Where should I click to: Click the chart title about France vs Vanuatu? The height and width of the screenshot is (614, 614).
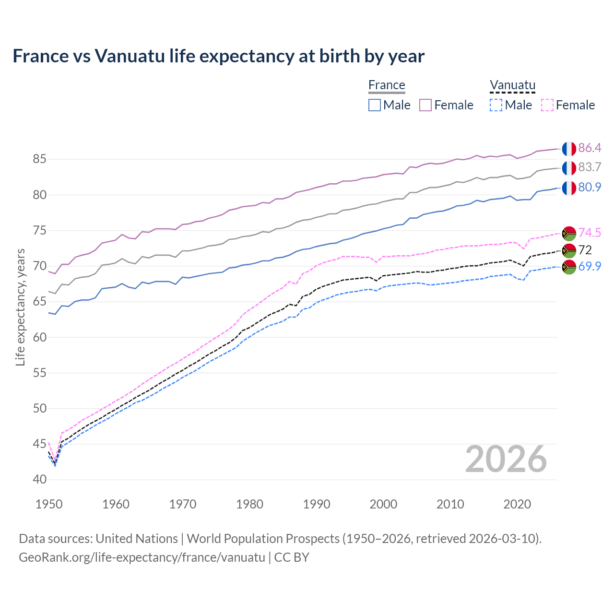(x=218, y=56)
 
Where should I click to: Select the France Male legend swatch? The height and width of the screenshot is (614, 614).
(x=375, y=105)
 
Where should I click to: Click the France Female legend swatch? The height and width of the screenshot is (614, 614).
(x=425, y=105)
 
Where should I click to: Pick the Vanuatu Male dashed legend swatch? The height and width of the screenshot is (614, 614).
(x=496, y=105)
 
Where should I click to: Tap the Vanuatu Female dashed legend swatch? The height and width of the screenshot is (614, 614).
(x=547, y=105)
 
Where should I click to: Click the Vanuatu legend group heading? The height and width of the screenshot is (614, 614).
(x=512, y=85)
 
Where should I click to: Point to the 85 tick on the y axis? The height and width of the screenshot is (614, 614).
(x=39, y=159)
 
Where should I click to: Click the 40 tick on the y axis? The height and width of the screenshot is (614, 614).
(x=39, y=480)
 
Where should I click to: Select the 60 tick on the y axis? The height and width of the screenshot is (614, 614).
(x=39, y=337)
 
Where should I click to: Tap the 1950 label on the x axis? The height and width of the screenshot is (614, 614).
(x=49, y=504)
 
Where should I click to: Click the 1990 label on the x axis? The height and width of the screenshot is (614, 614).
(x=317, y=504)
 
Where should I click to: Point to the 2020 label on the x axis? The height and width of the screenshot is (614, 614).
(x=517, y=504)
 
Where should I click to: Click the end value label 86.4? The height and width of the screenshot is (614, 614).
(x=590, y=148)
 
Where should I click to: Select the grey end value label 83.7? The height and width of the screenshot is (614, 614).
(x=590, y=167)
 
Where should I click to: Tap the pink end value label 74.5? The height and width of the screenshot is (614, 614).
(x=590, y=233)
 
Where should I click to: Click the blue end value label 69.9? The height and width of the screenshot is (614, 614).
(x=590, y=267)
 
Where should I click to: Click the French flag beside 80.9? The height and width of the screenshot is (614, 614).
(x=569, y=188)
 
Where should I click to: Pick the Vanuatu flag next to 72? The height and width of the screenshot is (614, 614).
(x=569, y=250)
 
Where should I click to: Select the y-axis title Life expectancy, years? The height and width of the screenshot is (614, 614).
(x=21, y=307)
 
